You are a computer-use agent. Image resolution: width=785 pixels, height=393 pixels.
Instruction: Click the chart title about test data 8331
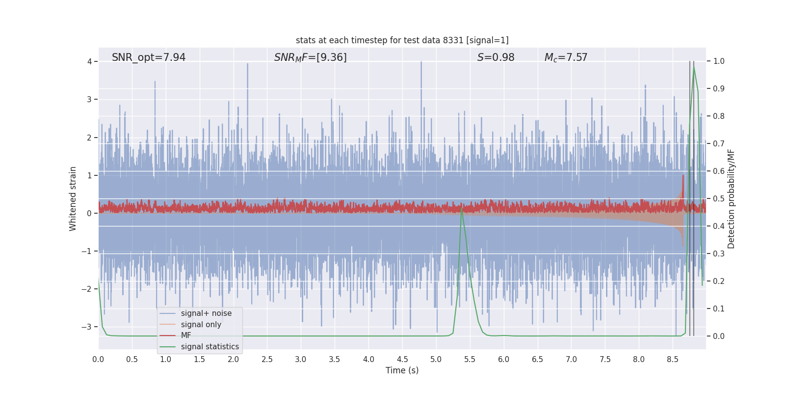click(x=402, y=40)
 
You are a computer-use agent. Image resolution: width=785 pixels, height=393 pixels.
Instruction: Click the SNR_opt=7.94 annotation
click(x=149, y=57)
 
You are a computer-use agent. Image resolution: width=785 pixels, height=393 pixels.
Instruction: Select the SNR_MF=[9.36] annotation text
click(x=310, y=57)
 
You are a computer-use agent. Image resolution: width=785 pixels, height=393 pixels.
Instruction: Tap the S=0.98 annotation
click(x=496, y=57)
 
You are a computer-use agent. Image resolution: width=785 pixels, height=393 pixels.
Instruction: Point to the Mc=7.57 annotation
click(x=566, y=57)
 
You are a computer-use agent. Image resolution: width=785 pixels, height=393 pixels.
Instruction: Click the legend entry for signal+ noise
click(x=206, y=313)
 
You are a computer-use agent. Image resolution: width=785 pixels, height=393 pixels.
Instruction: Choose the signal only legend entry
click(x=201, y=325)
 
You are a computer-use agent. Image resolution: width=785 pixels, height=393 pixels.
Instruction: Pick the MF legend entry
click(x=186, y=336)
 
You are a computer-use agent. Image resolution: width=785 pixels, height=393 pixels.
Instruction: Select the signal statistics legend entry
click(x=209, y=347)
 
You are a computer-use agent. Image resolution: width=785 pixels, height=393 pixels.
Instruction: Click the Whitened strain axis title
click(x=73, y=198)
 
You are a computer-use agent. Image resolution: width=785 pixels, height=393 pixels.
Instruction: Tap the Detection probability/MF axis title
click(x=731, y=198)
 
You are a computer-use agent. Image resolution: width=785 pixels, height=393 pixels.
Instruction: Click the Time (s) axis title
click(x=402, y=370)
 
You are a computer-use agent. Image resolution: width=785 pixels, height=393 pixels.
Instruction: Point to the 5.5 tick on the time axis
click(x=470, y=360)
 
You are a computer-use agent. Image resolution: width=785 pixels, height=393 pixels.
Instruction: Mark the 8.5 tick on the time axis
click(x=672, y=360)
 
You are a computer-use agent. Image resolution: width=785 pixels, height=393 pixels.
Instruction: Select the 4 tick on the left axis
click(x=89, y=61)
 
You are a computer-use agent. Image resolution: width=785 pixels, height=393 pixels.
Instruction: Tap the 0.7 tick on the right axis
click(x=719, y=144)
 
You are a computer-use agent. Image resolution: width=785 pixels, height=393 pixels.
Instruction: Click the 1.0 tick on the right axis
click(x=719, y=61)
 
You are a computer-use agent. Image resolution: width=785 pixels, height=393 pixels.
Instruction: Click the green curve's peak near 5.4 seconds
click(x=462, y=208)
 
